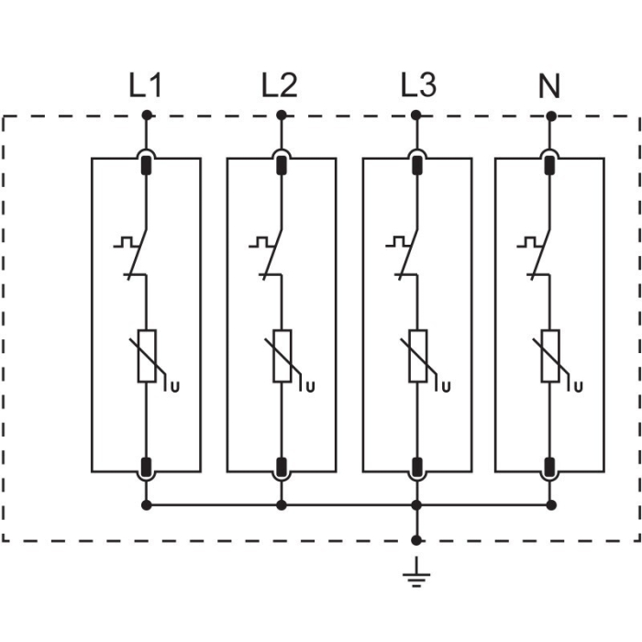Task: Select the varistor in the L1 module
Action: point(147,356)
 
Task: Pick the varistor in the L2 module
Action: point(282,356)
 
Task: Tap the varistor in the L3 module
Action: point(416,356)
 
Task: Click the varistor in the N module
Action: point(550,356)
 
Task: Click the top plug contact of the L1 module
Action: point(147,165)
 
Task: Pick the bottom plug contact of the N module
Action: point(550,466)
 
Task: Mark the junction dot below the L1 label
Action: point(147,116)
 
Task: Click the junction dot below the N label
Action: point(550,116)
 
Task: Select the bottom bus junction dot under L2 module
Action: point(282,504)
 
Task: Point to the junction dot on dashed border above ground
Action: point(416,540)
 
